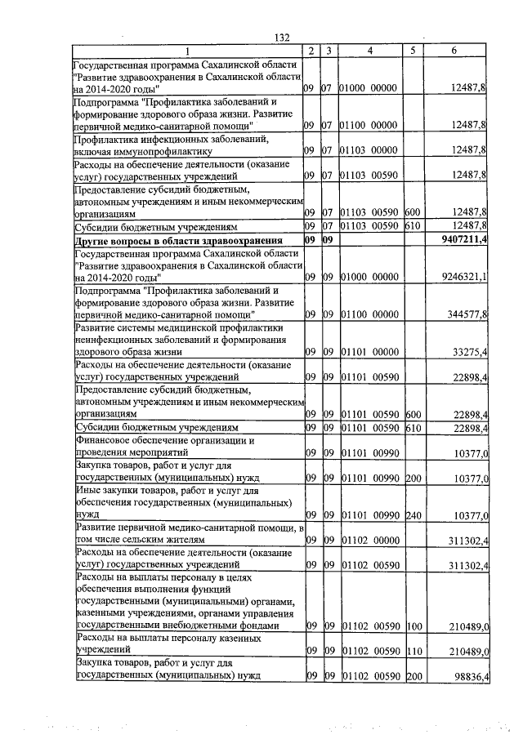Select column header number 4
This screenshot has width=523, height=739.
(370, 51)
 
